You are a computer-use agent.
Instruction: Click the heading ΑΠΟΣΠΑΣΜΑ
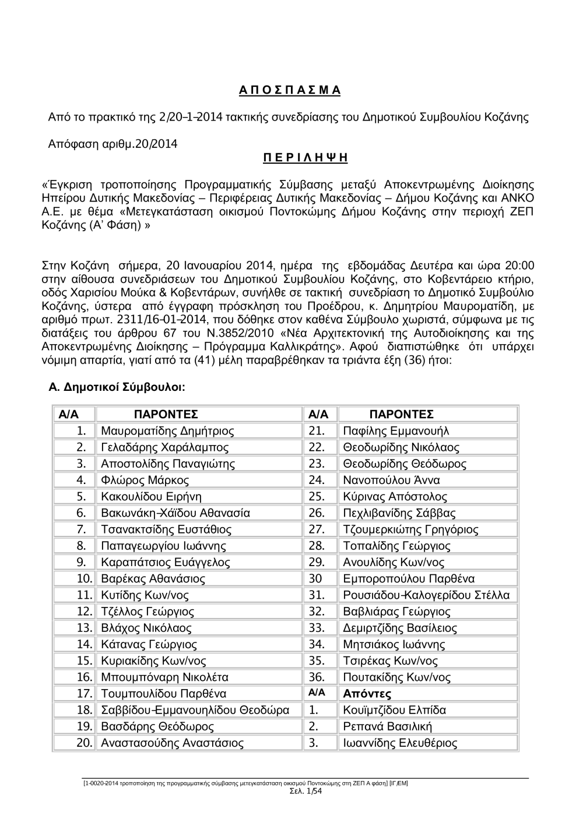coord(290,90)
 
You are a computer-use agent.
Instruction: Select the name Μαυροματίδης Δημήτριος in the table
coord(167,431)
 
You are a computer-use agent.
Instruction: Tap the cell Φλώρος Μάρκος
coord(145,481)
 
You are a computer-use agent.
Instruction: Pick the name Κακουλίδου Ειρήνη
coord(151,497)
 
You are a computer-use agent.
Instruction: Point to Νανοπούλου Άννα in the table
coord(391,481)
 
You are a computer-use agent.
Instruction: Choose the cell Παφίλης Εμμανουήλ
coord(396,431)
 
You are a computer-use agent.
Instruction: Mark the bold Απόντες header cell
coord(367,694)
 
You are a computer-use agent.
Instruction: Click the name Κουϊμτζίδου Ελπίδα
coord(395,710)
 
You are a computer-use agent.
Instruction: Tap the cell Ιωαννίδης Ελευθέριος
coord(400,743)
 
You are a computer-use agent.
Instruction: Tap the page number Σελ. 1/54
coord(305,790)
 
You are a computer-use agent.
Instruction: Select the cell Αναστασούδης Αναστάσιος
coord(172,743)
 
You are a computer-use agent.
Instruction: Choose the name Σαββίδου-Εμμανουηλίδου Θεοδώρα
coord(195,710)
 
